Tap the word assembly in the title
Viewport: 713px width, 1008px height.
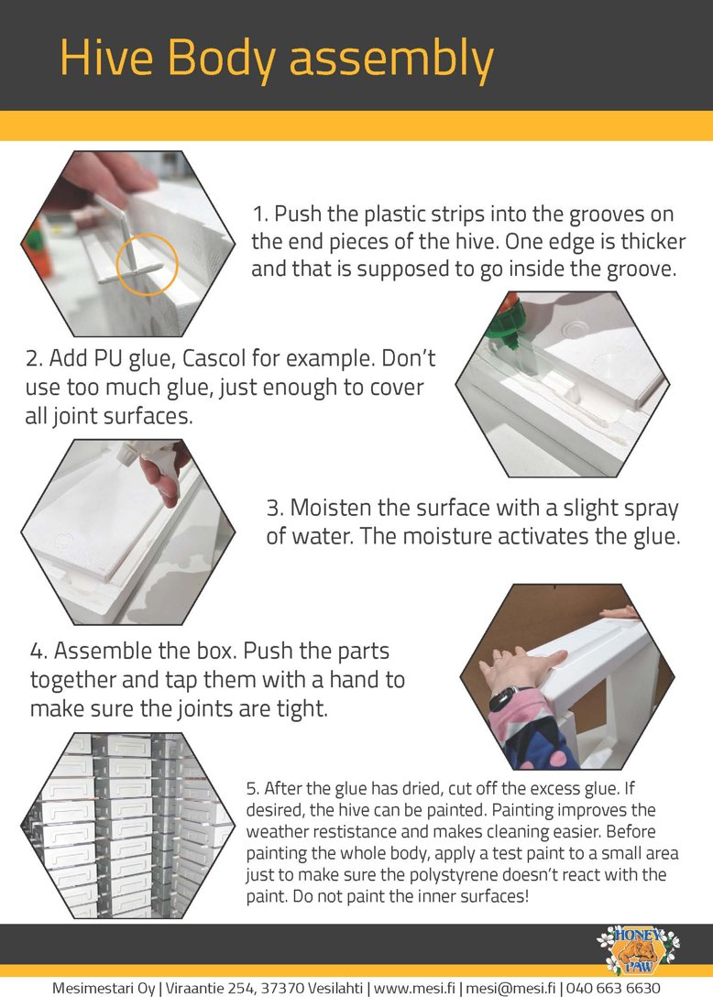point(391,61)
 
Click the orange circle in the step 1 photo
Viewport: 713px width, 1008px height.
point(147,264)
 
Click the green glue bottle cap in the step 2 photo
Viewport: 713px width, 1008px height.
point(502,332)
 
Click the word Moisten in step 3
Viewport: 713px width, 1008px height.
point(331,508)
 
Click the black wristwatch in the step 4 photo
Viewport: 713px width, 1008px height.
point(509,697)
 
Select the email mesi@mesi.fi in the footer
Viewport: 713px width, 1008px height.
point(510,988)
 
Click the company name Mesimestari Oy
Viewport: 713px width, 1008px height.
point(104,989)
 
